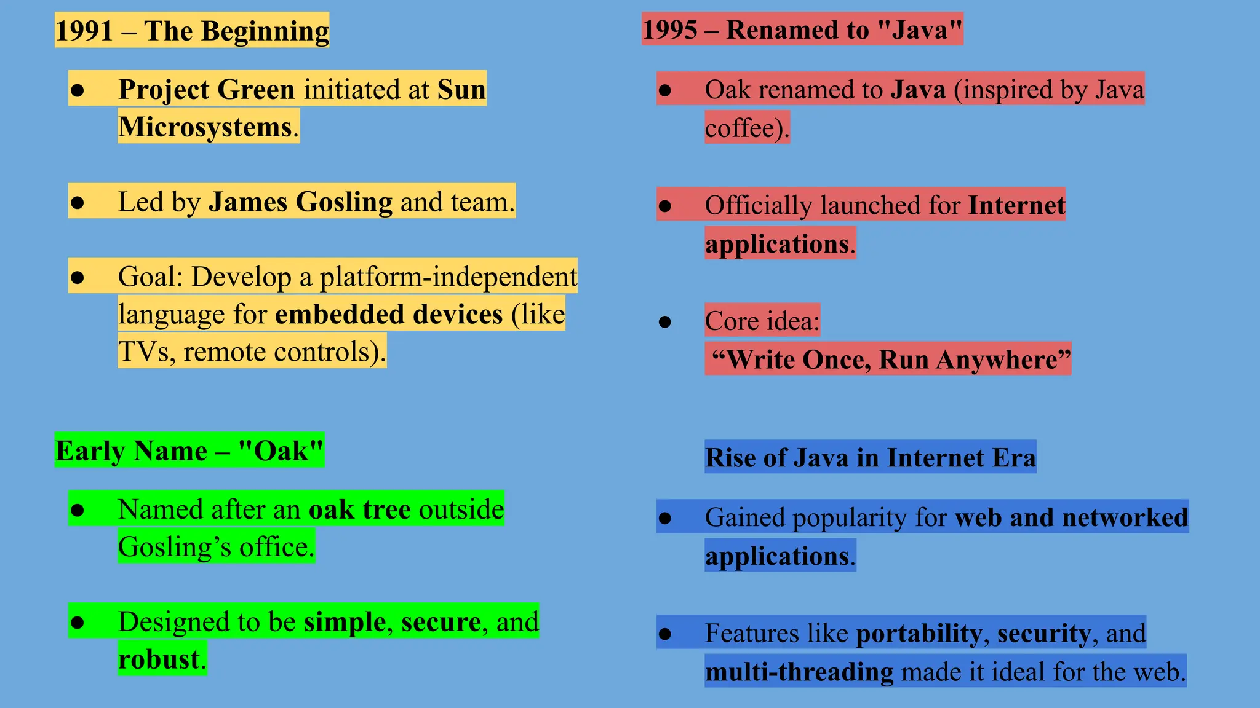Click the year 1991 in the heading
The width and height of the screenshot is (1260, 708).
pos(84,31)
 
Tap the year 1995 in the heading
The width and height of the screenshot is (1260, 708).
pos(670,29)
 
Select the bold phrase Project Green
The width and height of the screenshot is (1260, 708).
pos(207,89)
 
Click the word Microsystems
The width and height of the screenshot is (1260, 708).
pos(205,127)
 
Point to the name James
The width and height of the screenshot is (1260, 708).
pos(248,202)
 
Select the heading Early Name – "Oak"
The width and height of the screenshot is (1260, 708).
pos(189,450)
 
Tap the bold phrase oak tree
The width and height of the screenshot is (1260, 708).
pos(359,509)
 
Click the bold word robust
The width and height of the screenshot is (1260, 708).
pos(159,659)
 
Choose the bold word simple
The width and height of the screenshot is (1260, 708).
pos(345,621)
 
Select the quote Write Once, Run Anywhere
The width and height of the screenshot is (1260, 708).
pos(891,360)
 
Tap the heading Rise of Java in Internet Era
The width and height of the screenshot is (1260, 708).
pos(870,457)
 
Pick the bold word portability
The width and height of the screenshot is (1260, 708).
pos(919,633)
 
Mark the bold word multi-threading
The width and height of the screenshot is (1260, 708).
pos(799,671)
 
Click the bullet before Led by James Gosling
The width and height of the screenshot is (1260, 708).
pos(77,202)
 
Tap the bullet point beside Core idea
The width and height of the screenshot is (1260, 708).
pos(664,321)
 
